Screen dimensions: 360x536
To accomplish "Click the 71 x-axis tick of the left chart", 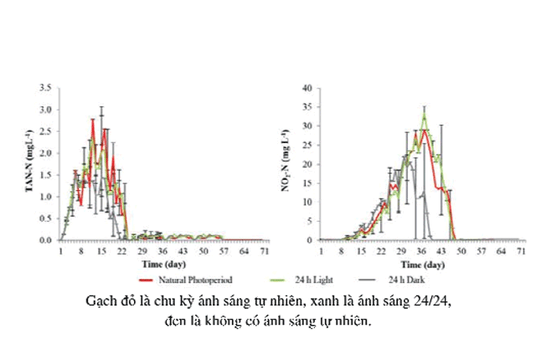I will (265, 250).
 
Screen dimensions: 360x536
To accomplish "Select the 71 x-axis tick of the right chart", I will (523, 250).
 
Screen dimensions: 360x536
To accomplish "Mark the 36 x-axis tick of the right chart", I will (421, 250).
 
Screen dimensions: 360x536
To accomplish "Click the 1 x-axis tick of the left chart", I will (60, 250).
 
